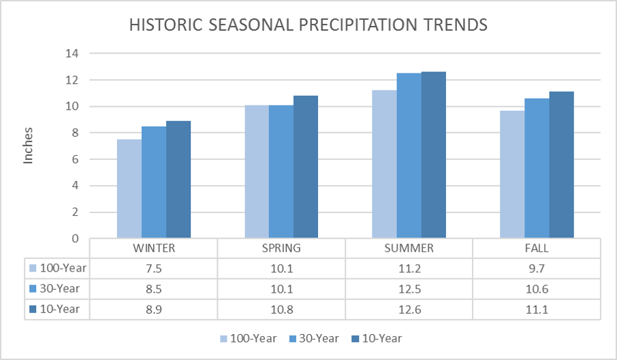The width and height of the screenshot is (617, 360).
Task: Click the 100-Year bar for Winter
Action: click(x=129, y=189)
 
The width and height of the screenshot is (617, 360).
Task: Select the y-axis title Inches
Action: click(x=29, y=146)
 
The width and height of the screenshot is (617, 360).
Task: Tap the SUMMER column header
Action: click(x=409, y=248)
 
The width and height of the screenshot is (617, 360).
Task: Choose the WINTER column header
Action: click(x=153, y=248)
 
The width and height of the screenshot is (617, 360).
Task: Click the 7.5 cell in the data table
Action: click(x=153, y=268)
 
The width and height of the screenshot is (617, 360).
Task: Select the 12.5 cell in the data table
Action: click(x=409, y=289)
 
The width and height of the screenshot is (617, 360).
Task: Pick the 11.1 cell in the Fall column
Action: click(x=537, y=309)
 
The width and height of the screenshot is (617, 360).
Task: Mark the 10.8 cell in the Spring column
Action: click(x=281, y=309)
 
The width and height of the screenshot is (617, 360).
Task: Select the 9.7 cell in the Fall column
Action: click(x=537, y=268)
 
